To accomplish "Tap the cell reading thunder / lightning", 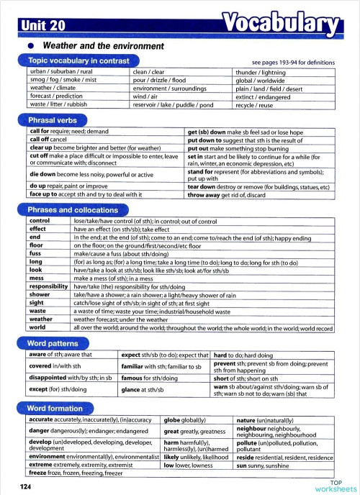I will pos(262,73).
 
